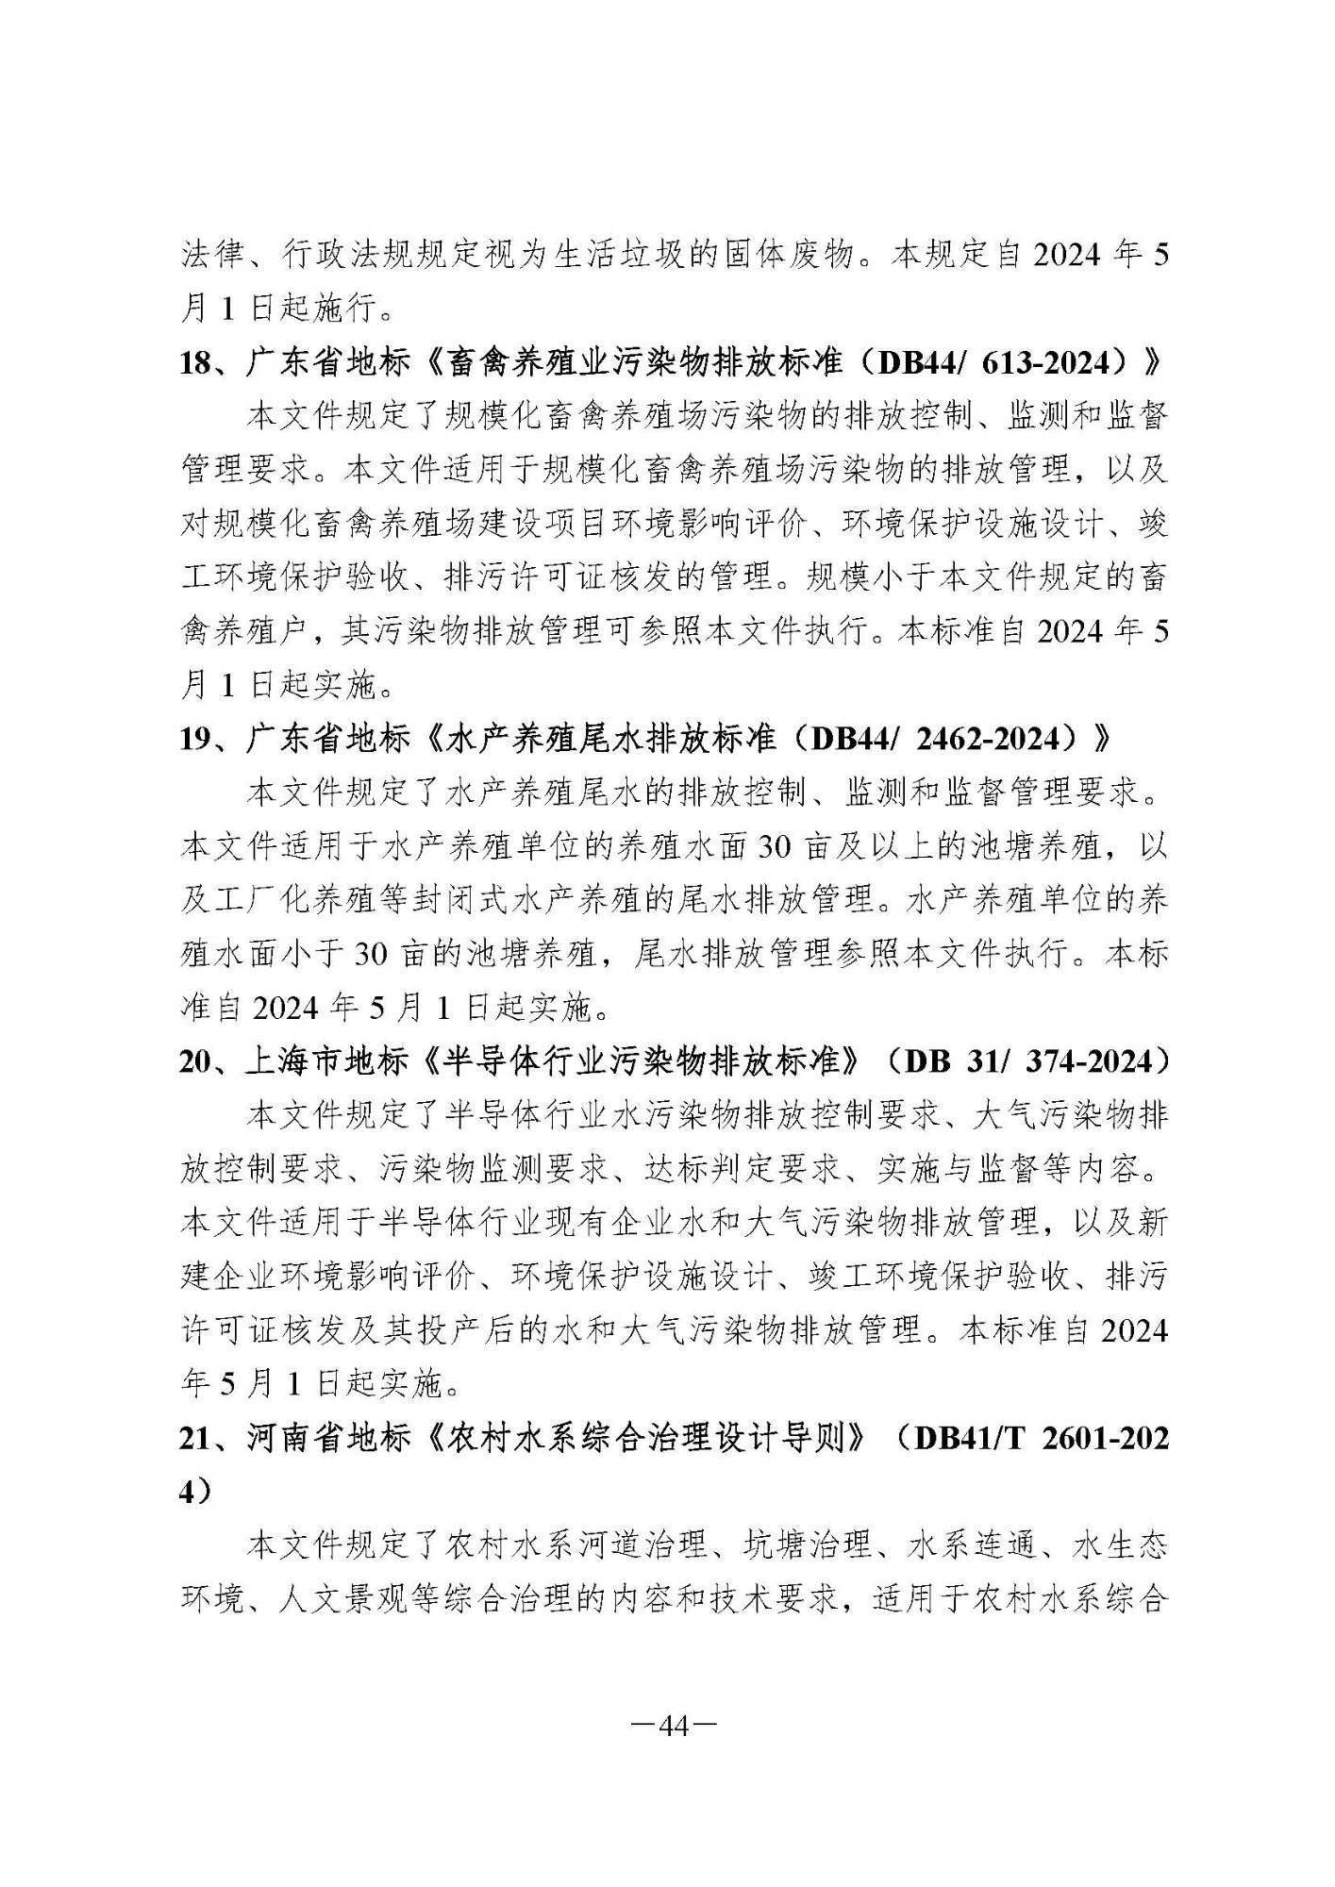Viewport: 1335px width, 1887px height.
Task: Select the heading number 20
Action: (198, 1061)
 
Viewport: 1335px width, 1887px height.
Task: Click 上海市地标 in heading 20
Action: (327, 1061)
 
